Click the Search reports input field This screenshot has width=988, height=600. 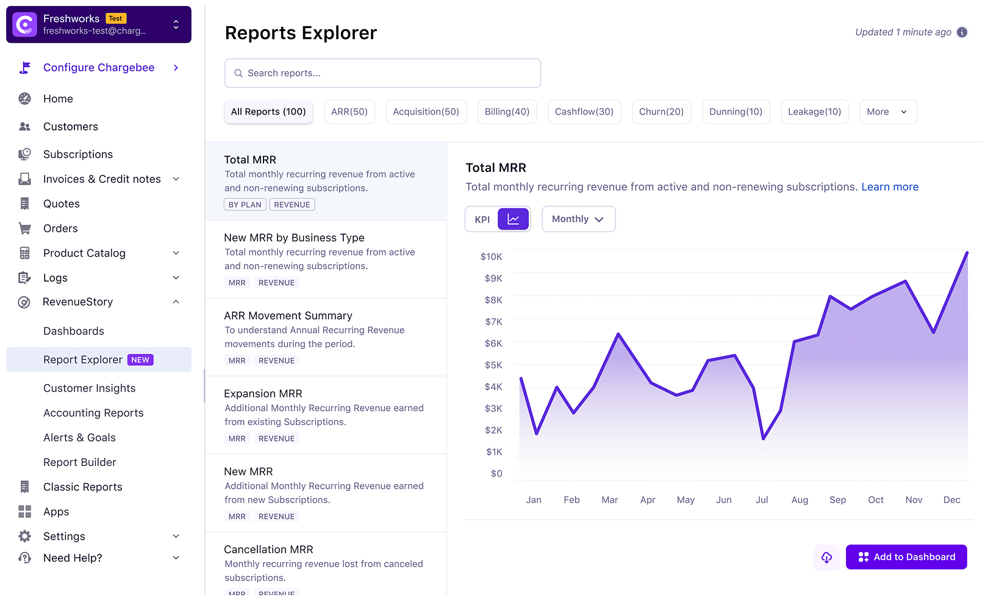(x=382, y=73)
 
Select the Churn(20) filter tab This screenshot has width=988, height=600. (x=661, y=112)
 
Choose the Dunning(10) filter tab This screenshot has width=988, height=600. (x=736, y=112)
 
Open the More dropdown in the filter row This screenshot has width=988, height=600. (x=888, y=112)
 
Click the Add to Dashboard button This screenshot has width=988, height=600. (x=906, y=557)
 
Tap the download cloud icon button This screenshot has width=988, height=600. (x=826, y=557)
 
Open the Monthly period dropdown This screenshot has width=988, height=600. (x=578, y=219)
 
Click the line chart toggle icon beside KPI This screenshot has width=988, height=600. (x=514, y=219)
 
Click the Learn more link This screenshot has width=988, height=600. (x=890, y=187)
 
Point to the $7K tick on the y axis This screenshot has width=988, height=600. (x=493, y=321)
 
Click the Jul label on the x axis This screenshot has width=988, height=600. (x=762, y=500)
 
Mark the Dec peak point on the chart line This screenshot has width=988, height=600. (x=967, y=252)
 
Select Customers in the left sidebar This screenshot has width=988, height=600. (x=71, y=127)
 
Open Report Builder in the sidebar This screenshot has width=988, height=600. (x=80, y=462)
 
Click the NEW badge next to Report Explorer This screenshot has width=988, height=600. (x=140, y=360)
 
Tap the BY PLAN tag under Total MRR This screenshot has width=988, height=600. (x=245, y=205)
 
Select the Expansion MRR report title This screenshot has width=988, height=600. (x=263, y=394)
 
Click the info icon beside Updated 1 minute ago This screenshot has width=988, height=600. (x=962, y=32)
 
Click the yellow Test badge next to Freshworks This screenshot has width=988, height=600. (x=116, y=18)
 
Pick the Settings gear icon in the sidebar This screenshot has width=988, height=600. (x=24, y=537)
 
